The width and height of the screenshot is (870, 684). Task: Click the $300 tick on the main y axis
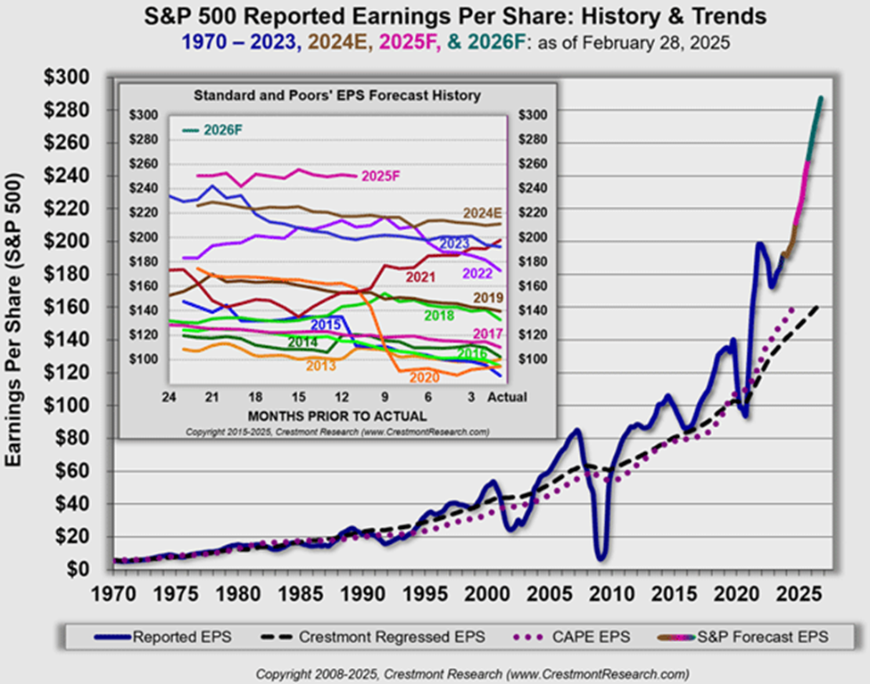click(x=67, y=78)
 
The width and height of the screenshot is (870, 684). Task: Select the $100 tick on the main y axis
click(x=67, y=406)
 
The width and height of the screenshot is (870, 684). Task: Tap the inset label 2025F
click(x=381, y=177)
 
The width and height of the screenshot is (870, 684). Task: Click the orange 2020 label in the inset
click(x=425, y=377)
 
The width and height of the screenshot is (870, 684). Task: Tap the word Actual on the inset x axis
click(x=508, y=396)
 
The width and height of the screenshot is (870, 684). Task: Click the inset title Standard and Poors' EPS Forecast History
click(x=337, y=95)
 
